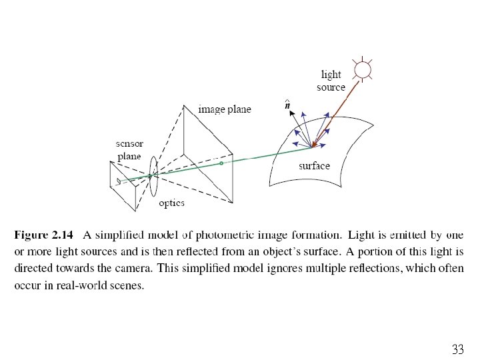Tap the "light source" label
(x=331, y=81)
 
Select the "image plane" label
(x=225, y=109)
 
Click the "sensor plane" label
(x=129, y=150)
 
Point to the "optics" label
(x=171, y=203)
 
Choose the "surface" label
(x=314, y=165)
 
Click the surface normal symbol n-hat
(x=287, y=105)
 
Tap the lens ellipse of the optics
(x=154, y=176)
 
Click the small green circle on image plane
(x=221, y=163)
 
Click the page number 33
(x=457, y=349)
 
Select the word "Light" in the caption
(x=362, y=235)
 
